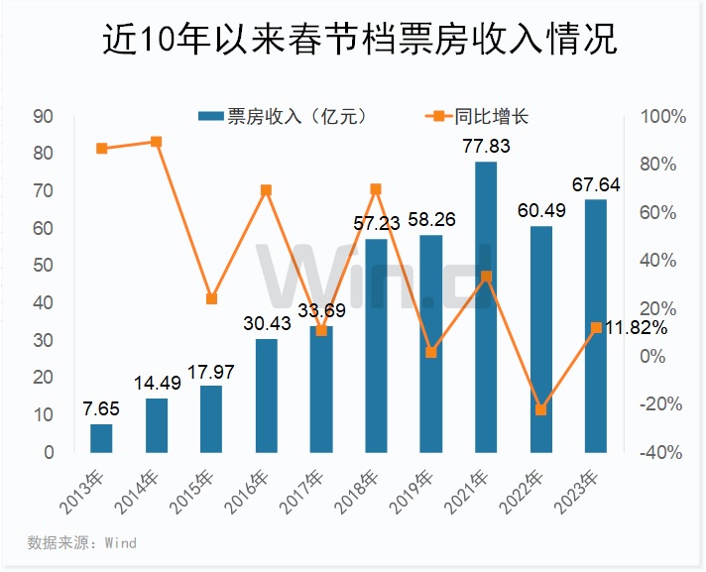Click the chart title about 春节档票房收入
352,42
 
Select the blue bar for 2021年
486,306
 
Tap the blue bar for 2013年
101,437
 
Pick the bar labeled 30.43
266,396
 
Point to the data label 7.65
101,408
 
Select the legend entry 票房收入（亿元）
284,117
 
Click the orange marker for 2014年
157,142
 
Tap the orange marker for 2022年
540,409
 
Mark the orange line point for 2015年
211,298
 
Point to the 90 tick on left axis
43,116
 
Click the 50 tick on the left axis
43,266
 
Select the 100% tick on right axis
663,116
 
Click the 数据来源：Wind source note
81,543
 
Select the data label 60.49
540,210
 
